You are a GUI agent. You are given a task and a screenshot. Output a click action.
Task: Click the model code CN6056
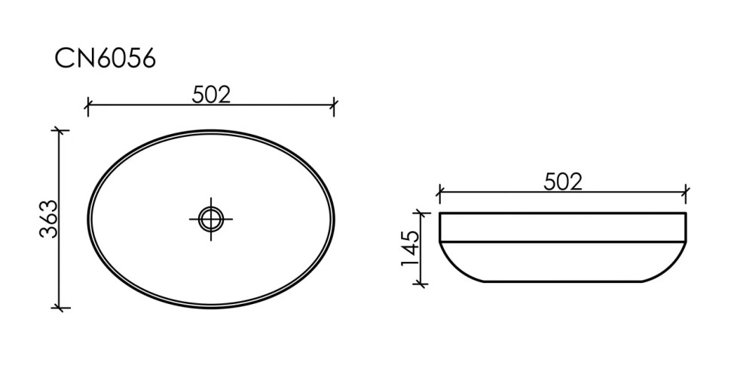pyautogui.click(x=105, y=59)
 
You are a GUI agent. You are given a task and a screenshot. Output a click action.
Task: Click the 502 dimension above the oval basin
pyautogui.click(x=211, y=95)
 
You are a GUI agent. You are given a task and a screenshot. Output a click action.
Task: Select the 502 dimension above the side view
pyautogui.click(x=562, y=181)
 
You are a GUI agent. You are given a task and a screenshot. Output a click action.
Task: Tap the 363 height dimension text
pyautogui.click(x=49, y=219)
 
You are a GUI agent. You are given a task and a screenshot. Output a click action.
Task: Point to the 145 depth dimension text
pyautogui.click(x=410, y=249)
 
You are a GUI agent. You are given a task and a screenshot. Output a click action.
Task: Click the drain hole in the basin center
pyautogui.click(x=211, y=219)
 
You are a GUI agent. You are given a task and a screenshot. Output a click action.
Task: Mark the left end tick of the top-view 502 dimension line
pyautogui.click(x=88, y=106)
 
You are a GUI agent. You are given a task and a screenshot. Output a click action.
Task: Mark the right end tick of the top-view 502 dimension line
pyautogui.click(x=334, y=106)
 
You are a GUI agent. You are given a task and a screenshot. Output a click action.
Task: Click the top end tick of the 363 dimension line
pyautogui.click(x=60, y=130)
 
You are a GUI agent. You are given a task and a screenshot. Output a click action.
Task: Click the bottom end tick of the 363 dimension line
pyautogui.click(x=60, y=308)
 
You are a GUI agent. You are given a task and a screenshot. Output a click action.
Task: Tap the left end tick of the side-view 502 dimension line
pyautogui.click(x=439, y=193)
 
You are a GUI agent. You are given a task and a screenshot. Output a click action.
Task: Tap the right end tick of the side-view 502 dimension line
pyautogui.click(x=685, y=193)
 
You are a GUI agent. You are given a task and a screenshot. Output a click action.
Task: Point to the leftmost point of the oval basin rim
pyautogui.click(x=88, y=219)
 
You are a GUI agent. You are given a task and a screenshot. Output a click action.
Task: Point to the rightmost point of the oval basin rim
pyautogui.click(x=334, y=219)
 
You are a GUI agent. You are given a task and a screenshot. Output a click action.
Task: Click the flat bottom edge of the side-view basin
pyautogui.click(x=562, y=281)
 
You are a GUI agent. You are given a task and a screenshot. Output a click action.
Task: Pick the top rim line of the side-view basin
pyautogui.click(x=562, y=214)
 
